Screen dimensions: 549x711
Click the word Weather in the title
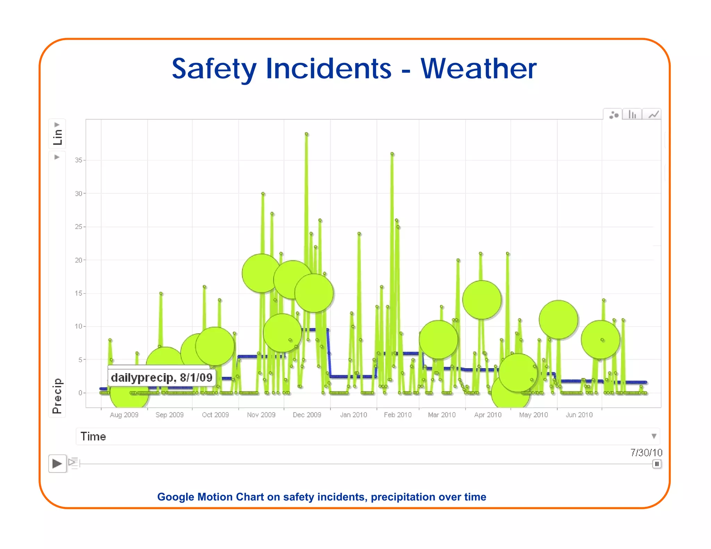(478, 69)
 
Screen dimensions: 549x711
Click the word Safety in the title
(214, 69)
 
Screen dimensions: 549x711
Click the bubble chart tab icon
(614, 115)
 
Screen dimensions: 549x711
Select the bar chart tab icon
(633, 115)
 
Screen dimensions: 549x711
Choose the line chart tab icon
(653, 115)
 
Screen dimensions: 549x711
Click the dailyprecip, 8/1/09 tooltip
(161, 377)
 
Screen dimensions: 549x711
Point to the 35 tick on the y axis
(79, 160)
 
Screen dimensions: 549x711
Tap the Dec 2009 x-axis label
(307, 415)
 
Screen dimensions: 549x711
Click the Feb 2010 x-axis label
(398, 415)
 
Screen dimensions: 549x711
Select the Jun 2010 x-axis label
(579, 415)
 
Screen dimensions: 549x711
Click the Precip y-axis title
(57, 396)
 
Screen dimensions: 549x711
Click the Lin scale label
(57, 137)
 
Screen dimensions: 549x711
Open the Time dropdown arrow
(654, 436)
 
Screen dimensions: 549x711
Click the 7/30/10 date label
(646, 453)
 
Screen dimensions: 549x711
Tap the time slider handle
(656, 464)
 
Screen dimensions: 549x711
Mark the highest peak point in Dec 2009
(307, 134)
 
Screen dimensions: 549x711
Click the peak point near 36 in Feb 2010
(392, 154)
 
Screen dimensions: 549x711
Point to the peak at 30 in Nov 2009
(263, 194)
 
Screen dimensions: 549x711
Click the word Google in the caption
(176, 497)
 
